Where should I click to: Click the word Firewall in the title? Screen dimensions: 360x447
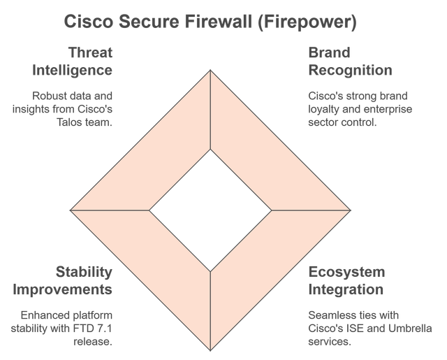click(x=222, y=22)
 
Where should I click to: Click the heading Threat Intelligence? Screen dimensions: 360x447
click(x=73, y=62)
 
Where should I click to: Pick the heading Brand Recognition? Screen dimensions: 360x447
click(x=350, y=62)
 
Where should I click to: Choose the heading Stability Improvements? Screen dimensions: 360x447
click(x=62, y=280)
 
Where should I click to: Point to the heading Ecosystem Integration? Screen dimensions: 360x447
click(x=346, y=280)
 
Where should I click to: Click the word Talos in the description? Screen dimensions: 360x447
click(x=64, y=122)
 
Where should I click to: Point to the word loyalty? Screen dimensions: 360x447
click(x=323, y=109)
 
